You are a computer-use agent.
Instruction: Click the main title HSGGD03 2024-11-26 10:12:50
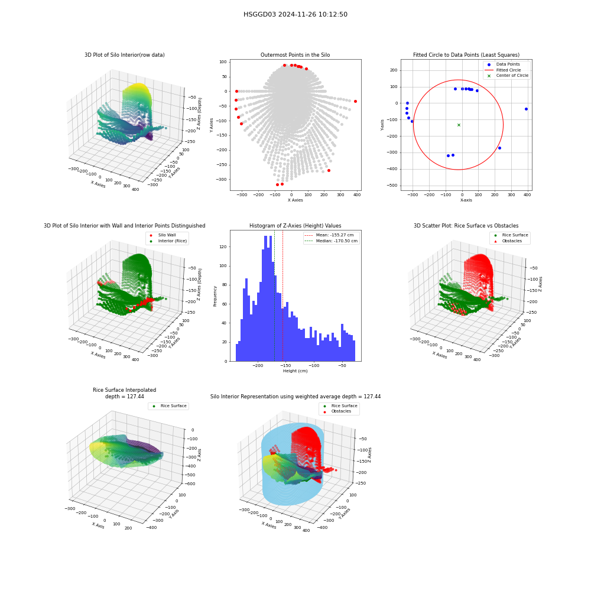(295, 14)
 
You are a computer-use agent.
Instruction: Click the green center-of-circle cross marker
(459, 125)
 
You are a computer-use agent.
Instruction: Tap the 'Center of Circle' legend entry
(507, 76)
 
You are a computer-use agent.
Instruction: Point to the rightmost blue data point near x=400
(526, 109)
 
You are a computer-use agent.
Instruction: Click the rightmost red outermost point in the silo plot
(355, 102)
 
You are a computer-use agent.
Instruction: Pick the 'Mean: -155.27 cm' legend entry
(329, 235)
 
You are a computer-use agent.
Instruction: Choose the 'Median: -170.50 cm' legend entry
(331, 241)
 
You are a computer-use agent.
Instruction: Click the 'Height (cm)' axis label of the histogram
(295, 371)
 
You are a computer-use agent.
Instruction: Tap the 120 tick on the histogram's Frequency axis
(223, 247)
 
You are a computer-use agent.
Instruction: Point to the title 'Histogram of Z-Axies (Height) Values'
(295, 225)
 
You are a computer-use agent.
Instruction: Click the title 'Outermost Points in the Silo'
(295, 54)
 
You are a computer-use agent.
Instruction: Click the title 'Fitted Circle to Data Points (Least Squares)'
(466, 54)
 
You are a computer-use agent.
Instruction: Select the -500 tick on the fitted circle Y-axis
(392, 186)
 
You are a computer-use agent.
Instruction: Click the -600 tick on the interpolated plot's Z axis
(190, 483)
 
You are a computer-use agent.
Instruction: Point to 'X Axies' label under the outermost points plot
(295, 200)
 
